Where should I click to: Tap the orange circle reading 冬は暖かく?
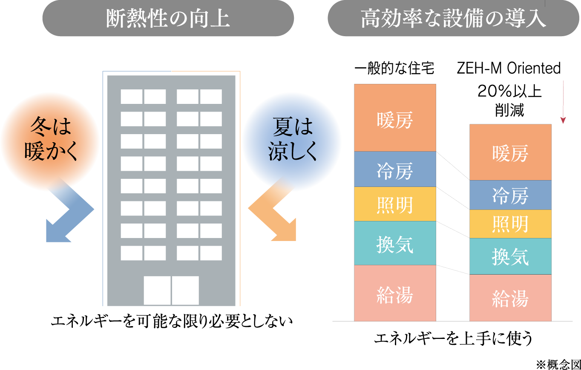50,141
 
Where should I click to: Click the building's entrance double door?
171,290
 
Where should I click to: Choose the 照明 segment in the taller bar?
395,204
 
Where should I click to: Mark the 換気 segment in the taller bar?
395,243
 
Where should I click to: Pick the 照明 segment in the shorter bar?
510,224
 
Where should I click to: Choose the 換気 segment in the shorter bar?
510,256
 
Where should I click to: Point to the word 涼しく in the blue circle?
293,152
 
